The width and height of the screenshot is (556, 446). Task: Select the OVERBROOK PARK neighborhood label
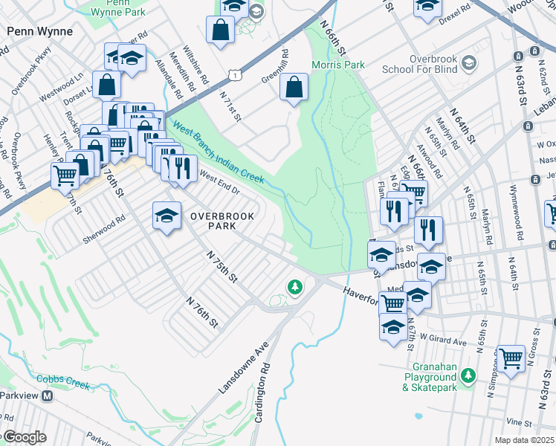222,220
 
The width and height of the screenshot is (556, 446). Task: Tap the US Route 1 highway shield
235,74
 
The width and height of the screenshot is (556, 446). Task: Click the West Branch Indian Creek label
219,154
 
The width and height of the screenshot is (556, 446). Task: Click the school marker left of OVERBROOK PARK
167,216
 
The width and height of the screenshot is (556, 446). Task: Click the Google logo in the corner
24,437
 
